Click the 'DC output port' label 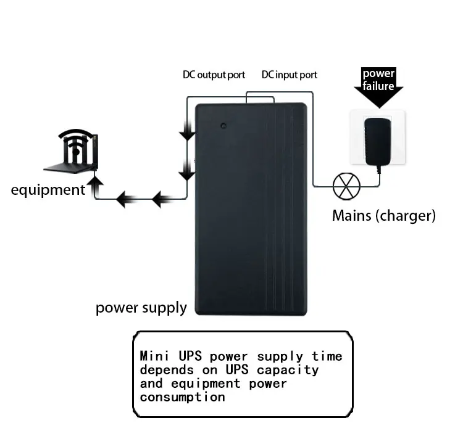214,75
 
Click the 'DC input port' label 290,75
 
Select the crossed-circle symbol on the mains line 346,186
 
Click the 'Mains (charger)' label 384,216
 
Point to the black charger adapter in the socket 378,142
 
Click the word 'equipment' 48,191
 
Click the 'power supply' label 141,308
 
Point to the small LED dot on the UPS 223,126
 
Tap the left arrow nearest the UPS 162,199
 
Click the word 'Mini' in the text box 154,356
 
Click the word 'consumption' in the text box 183,398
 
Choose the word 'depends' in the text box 167,370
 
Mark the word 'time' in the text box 327,356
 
